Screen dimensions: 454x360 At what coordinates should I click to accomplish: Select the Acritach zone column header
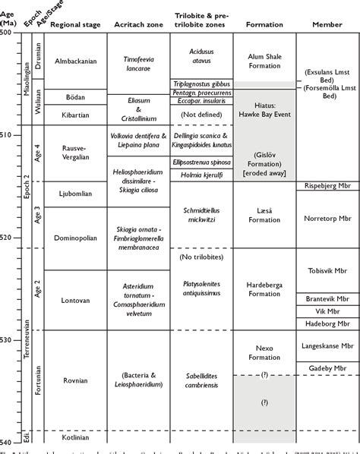(138, 25)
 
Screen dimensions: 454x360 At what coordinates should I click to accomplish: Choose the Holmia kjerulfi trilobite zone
(202, 173)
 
